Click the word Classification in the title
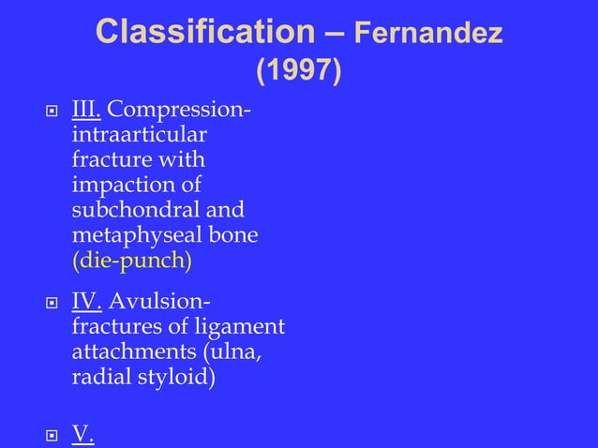pyautogui.click(x=205, y=33)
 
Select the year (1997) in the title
pyautogui.click(x=298, y=70)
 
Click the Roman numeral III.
pyautogui.click(x=87, y=113)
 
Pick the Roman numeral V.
pyautogui.click(x=82, y=434)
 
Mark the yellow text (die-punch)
pyautogui.click(x=131, y=260)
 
